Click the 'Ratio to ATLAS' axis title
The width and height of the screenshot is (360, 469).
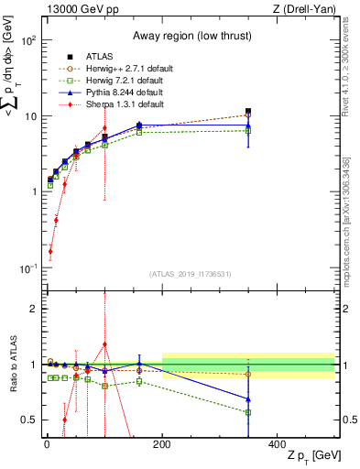(x=12, y=365)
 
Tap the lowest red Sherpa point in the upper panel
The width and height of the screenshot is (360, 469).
(x=49, y=251)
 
